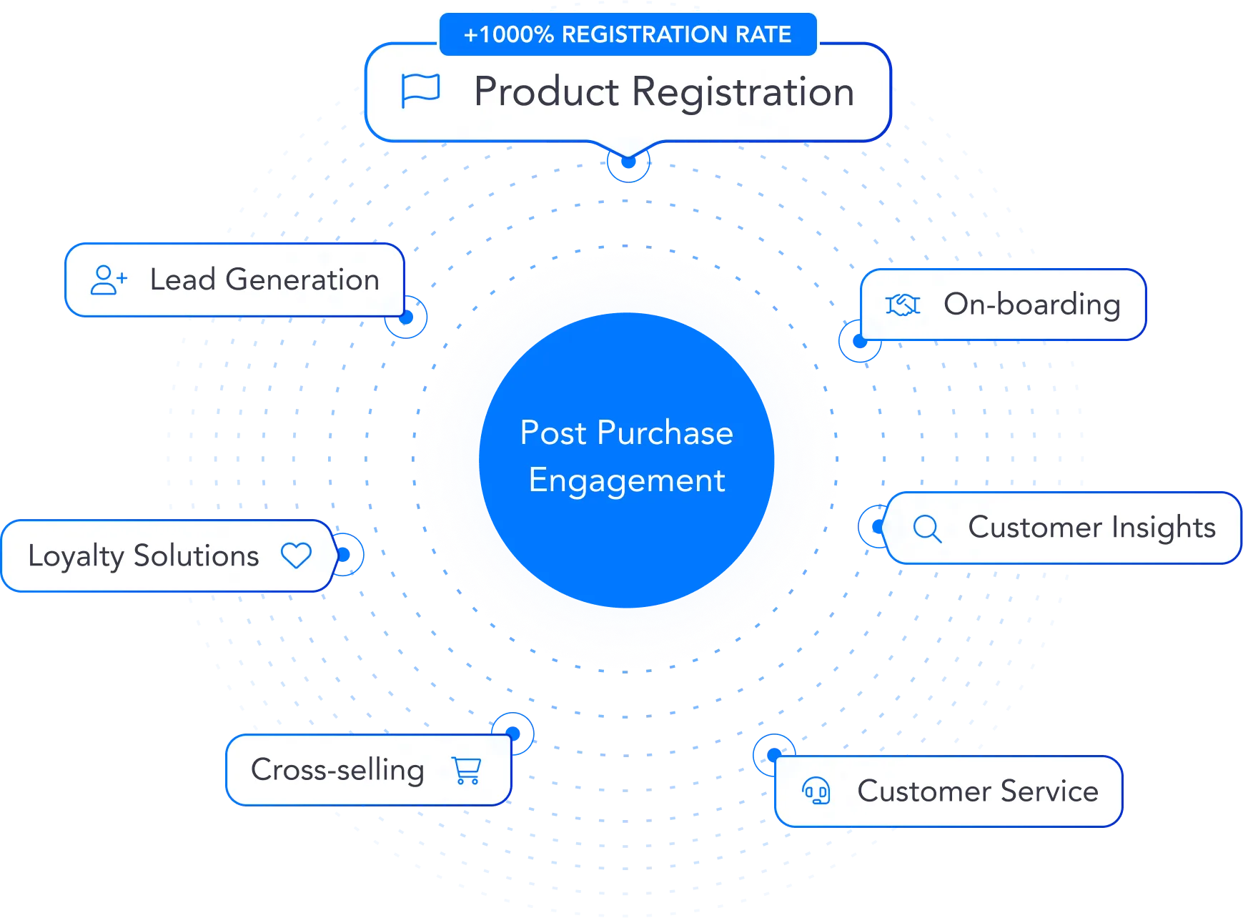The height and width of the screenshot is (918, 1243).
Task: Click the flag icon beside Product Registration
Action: coord(420,91)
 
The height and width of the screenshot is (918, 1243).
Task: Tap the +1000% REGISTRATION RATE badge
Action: coord(628,34)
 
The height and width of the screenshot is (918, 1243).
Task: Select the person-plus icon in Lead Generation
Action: coord(109,280)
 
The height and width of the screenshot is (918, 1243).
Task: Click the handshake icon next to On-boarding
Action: coord(903,305)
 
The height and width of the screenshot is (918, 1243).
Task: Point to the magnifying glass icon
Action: coord(927,529)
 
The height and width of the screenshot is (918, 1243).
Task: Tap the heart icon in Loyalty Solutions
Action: coord(296,556)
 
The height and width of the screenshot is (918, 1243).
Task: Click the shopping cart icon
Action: coord(467,770)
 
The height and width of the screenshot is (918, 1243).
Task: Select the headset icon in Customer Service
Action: coord(816,791)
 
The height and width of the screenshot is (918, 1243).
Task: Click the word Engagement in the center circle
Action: coord(627,480)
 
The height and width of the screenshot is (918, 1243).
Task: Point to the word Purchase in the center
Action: coord(665,433)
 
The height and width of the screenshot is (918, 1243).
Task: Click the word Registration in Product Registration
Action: coord(743,92)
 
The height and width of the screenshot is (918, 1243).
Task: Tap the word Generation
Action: coord(302,280)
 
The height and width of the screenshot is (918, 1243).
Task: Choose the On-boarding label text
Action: coord(1031,305)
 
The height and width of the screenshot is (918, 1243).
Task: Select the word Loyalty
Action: coord(76,556)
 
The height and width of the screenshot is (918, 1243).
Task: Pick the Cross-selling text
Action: coord(337,770)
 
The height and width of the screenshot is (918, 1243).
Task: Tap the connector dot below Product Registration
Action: coord(628,163)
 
